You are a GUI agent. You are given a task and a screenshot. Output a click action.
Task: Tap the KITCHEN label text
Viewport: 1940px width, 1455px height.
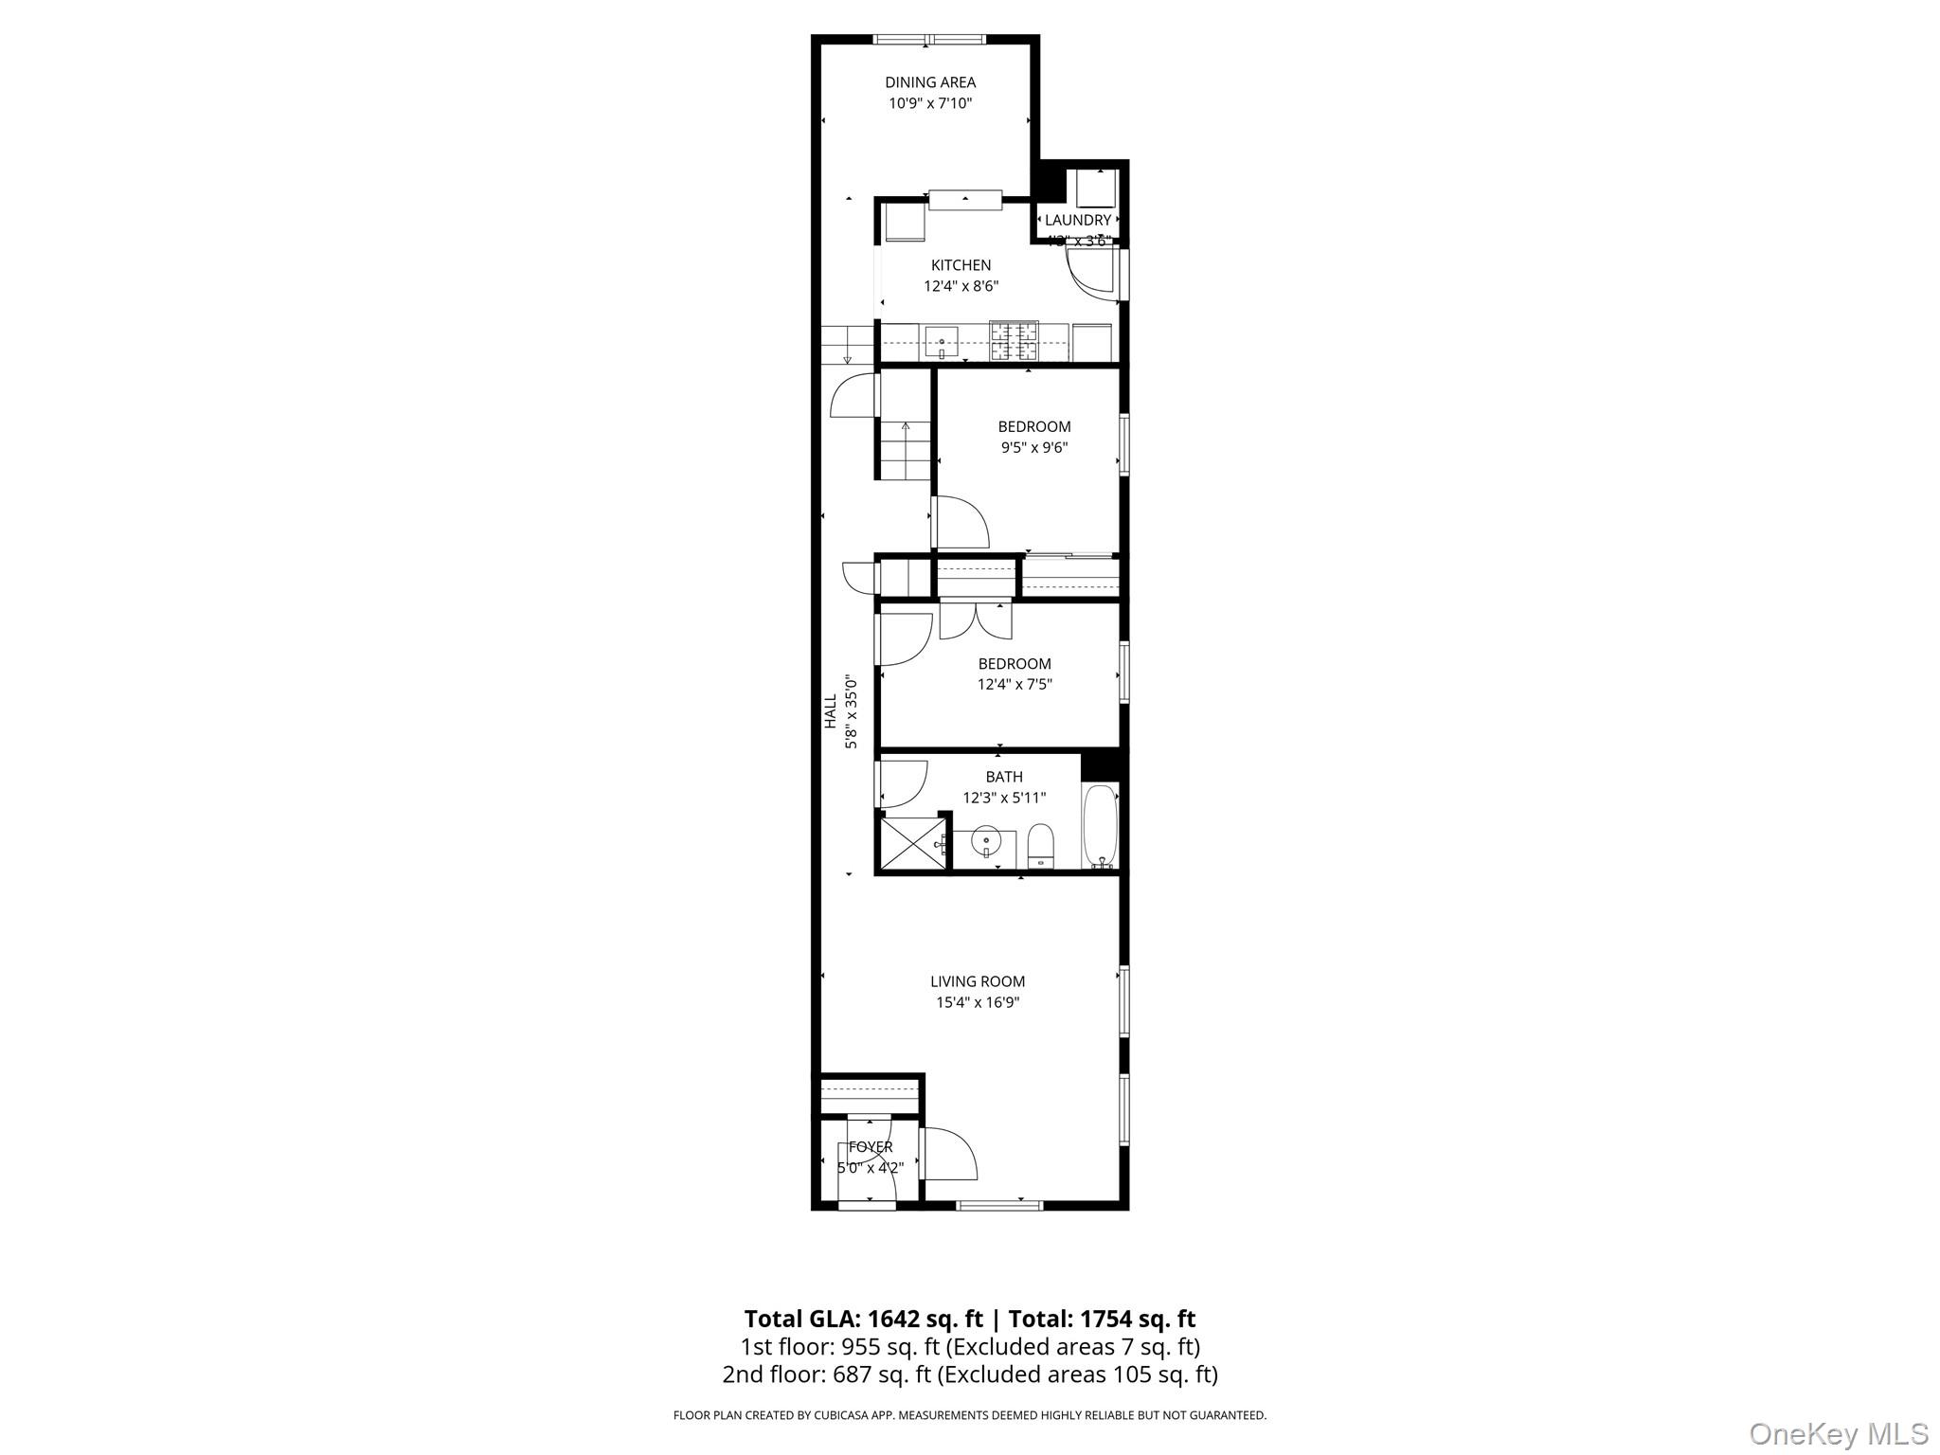point(961,265)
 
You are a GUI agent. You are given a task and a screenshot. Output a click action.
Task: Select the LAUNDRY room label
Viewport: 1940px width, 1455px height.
point(1077,220)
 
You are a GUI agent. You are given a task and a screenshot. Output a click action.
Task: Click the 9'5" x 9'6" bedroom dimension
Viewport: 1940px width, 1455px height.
point(1033,447)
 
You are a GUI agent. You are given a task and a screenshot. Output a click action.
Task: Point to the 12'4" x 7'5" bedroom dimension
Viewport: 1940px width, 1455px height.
point(1015,684)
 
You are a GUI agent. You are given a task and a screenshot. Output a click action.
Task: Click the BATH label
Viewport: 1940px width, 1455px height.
point(1004,777)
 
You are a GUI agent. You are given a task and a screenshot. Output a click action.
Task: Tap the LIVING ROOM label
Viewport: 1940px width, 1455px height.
point(978,981)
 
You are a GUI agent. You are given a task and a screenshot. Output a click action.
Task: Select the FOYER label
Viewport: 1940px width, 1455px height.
point(870,1147)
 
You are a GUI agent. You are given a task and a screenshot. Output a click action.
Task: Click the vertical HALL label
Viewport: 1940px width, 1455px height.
point(831,711)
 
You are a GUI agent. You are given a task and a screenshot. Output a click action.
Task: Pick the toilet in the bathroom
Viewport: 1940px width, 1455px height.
point(1040,845)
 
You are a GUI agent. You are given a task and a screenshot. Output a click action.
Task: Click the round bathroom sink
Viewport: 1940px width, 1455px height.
point(986,840)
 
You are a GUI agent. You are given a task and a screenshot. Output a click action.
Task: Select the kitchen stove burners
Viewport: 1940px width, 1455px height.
point(1014,341)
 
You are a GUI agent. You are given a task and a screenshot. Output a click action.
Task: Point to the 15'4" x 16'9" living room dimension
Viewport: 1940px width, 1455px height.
point(978,1002)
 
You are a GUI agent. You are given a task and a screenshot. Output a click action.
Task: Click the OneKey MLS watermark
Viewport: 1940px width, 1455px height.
point(1838,1432)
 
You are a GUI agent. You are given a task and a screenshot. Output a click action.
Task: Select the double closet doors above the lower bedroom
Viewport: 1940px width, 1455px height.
point(976,620)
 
